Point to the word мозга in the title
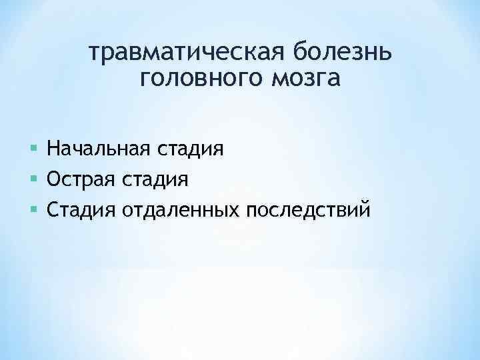pyautogui.click(x=305, y=79)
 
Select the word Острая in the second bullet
pyautogui.click(x=81, y=179)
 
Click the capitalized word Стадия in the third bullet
pyautogui.click(x=81, y=211)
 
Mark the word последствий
pyautogui.click(x=307, y=211)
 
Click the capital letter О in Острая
pyautogui.click(x=54, y=179)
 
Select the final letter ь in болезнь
pyautogui.click(x=388, y=51)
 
